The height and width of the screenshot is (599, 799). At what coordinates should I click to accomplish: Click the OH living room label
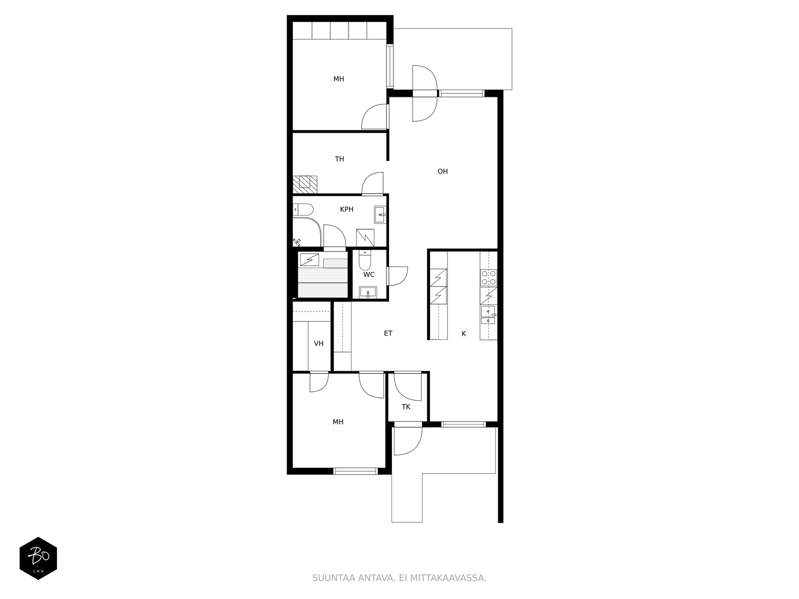(442, 171)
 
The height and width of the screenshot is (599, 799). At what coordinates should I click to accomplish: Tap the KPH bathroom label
(347, 209)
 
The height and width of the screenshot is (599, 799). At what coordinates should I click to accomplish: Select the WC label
(369, 275)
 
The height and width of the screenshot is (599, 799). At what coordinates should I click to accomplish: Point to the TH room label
(339, 159)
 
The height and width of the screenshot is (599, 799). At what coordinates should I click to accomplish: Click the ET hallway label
(388, 333)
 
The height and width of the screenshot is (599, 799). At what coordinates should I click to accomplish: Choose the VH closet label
(319, 343)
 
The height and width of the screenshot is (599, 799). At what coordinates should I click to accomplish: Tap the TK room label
(406, 407)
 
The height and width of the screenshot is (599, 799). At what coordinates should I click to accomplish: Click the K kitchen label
(464, 333)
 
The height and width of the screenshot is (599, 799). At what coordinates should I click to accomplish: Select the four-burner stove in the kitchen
(488, 278)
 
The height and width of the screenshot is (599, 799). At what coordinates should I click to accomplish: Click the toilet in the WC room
(365, 260)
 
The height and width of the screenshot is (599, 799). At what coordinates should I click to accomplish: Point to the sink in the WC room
(368, 292)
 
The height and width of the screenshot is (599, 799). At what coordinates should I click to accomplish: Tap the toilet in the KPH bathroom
(303, 210)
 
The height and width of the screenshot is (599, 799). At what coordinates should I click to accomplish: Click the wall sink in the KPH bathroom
(380, 215)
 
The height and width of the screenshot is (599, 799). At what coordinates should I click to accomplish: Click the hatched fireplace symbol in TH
(305, 184)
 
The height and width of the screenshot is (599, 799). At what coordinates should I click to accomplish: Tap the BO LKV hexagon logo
(38, 558)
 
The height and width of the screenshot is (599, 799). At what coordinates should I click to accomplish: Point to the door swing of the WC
(398, 276)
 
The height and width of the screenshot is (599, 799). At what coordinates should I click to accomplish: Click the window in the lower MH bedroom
(356, 471)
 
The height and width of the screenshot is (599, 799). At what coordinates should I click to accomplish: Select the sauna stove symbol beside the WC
(309, 260)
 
